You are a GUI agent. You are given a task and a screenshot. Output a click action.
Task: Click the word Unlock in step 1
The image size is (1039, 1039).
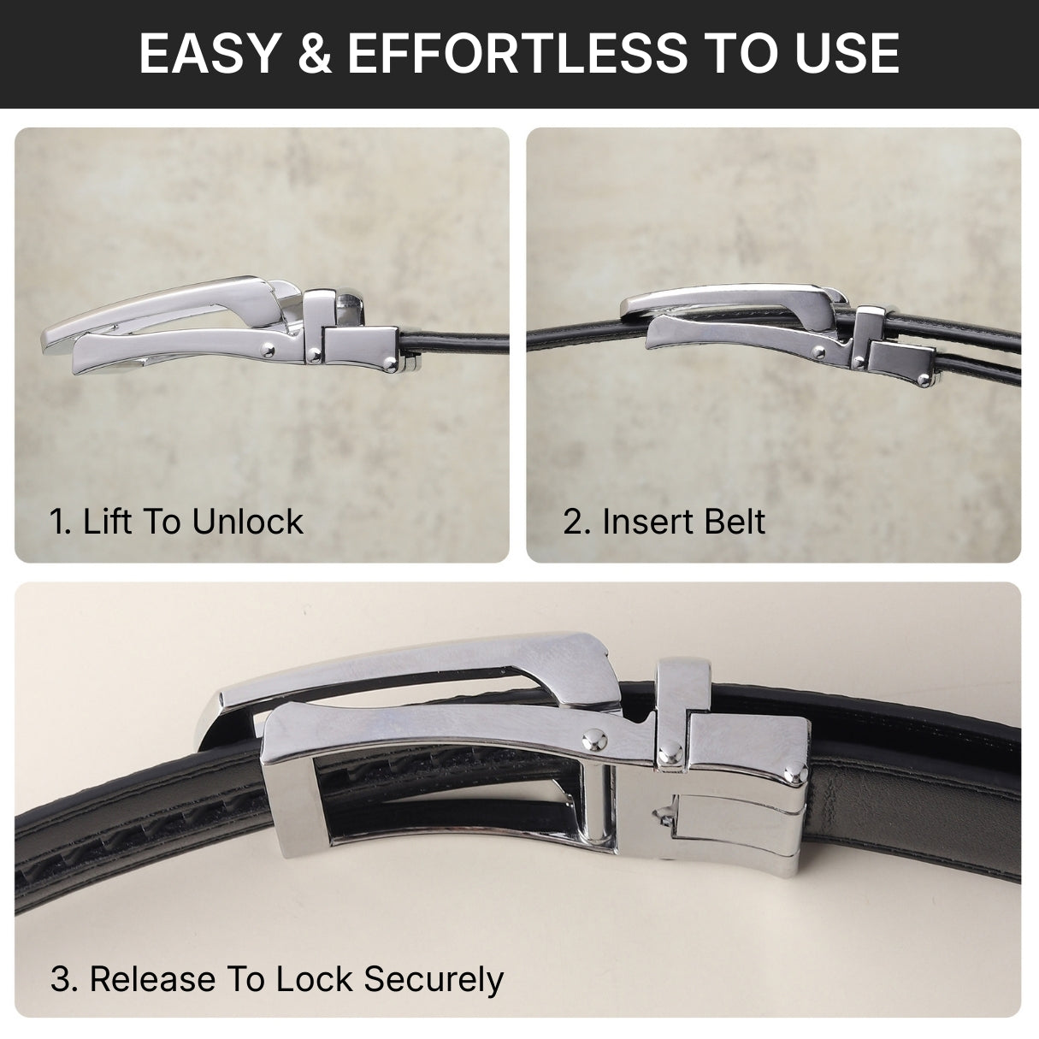tap(247, 522)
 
